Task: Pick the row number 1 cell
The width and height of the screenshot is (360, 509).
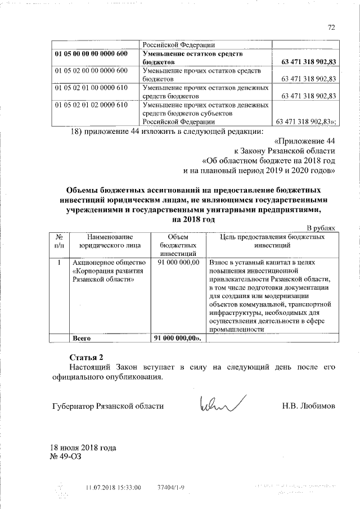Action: (60, 263)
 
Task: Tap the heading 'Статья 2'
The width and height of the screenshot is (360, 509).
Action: (87, 357)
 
